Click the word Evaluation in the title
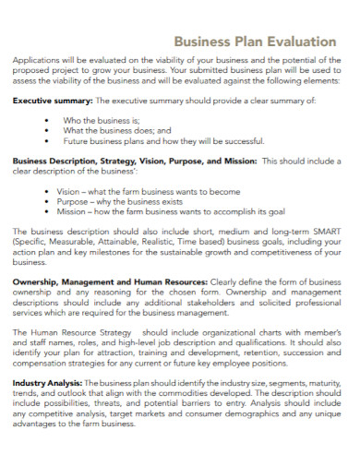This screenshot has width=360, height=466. pyautogui.click(x=298, y=42)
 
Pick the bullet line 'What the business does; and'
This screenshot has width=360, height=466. pyautogui.click(x=113, y=131)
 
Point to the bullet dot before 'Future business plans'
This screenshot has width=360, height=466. pyautogui.click(x=47, y=142)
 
